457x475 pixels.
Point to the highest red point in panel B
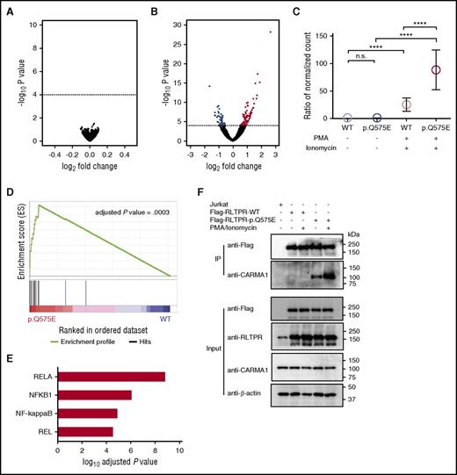click(x=271, y=32)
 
